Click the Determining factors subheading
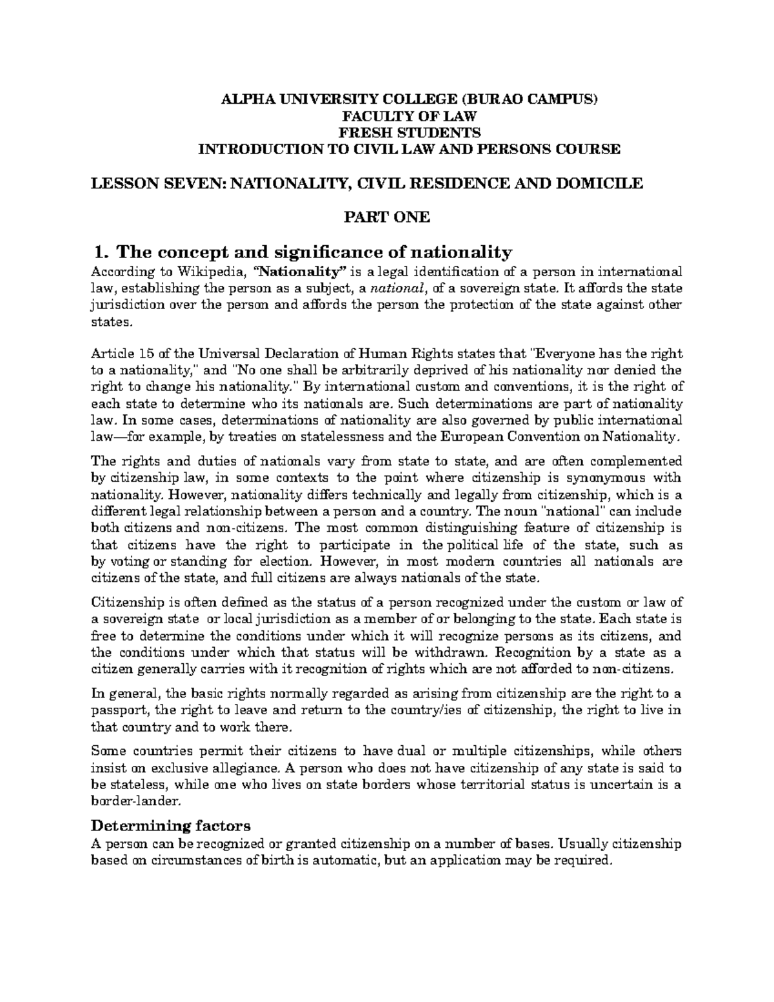point(170,826)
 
